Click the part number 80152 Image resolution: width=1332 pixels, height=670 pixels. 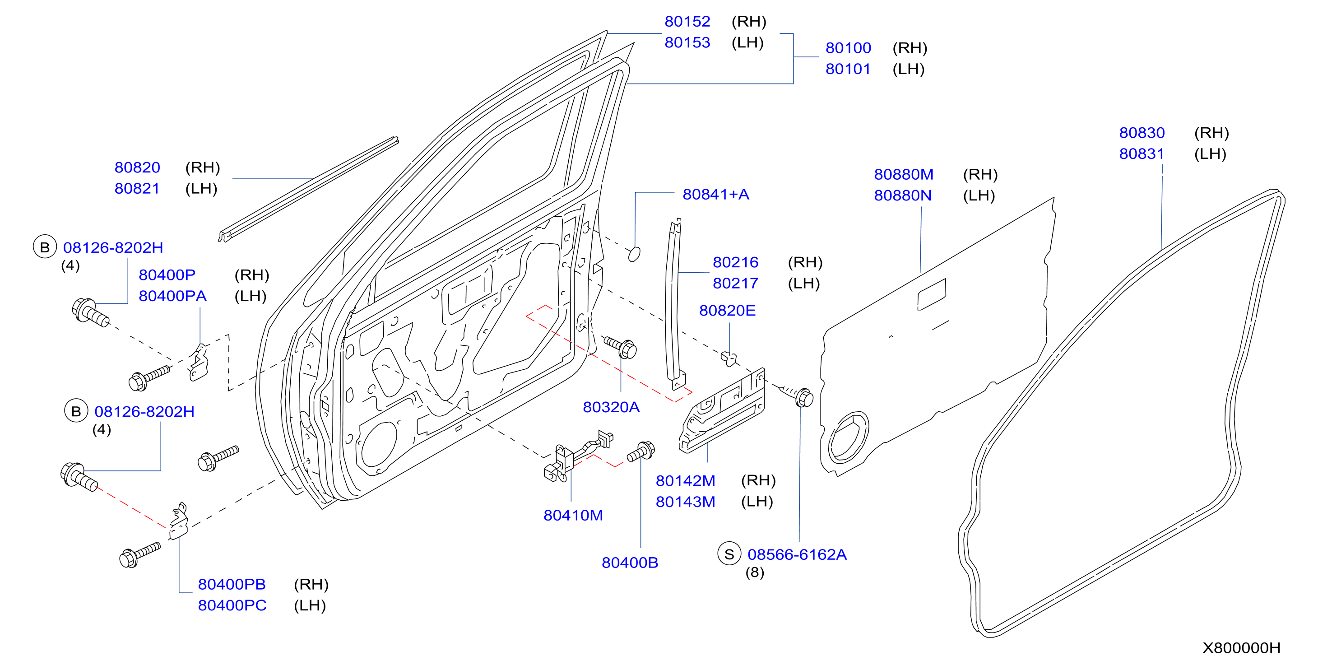(687, 22)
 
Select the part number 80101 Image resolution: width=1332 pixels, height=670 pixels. (848, 69)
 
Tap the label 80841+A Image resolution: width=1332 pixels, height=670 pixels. (715, 195)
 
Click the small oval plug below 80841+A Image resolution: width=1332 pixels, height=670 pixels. (634, 254)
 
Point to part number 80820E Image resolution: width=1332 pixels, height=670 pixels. (727, 311)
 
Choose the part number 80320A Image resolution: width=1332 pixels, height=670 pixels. (611, 407)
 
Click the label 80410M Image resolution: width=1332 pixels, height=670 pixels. (573, 515)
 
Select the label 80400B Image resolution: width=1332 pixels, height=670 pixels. (630, 563)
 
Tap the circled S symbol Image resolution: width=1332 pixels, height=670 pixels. (729, 554)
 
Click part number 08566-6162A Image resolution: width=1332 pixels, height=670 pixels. (797, 554)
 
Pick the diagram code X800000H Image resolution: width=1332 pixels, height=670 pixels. (1241, 648)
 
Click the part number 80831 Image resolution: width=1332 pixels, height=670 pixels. (1142, 154)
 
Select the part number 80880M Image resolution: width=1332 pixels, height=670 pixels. (903, 174)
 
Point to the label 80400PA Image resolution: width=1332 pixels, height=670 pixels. (172, 296)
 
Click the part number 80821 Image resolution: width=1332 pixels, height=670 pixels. (137, 188)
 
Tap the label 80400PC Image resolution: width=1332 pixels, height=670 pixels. (232, 605)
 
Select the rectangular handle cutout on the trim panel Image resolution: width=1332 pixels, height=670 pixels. (932, 294)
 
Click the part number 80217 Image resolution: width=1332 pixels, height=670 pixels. (735, 284)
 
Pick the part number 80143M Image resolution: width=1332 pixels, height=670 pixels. (685, 502)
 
